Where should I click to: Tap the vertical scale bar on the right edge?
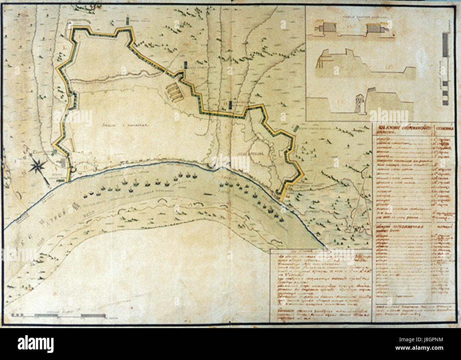click(x=445, y=70)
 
